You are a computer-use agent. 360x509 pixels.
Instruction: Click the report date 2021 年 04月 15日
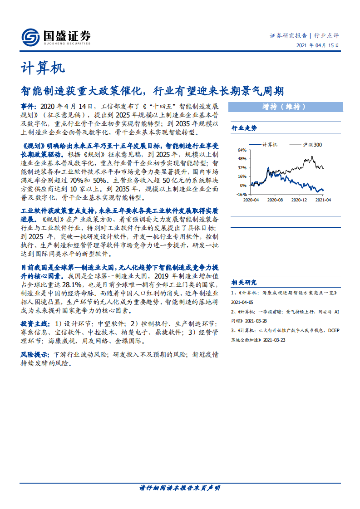[317, 45]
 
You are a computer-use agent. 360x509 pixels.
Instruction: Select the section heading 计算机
[43, 68]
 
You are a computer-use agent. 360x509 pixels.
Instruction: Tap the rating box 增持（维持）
[284, 107]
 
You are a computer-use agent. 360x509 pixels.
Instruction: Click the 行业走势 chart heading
[244, 128]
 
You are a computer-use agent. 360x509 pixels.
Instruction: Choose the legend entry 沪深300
[312, 144]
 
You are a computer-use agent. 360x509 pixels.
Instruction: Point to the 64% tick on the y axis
[242, 150]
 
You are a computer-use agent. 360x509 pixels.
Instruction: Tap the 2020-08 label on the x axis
[275, 200]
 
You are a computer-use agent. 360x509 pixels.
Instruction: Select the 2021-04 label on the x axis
[323, 200]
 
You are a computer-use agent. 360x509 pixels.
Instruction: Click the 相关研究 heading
[244, 282]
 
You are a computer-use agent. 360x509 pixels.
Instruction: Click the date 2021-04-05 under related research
[242, 302]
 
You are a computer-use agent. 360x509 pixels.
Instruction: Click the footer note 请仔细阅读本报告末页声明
[180, 488]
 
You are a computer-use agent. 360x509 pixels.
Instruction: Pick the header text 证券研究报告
[288, 35]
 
